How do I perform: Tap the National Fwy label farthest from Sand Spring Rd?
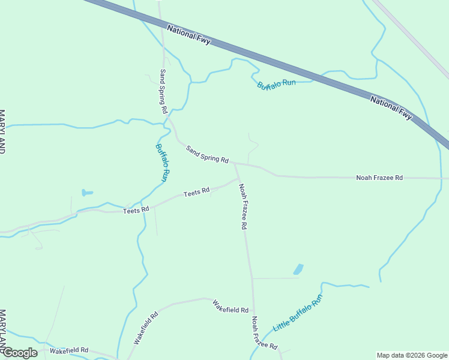tap(391, 107)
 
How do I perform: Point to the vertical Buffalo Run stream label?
tap(162, 163)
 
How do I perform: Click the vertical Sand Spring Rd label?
tap(163, 91)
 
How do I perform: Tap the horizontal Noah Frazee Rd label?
tap(379, 178)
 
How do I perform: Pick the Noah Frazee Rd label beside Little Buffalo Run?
tap(264, 334)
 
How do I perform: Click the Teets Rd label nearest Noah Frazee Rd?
tap(196, 192)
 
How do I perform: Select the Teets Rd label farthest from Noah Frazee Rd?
tap(136, 211)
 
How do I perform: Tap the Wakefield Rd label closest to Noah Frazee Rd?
tap(231, 307)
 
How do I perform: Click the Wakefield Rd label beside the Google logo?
tap(69, 350)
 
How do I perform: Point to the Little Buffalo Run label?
tap(298, 313)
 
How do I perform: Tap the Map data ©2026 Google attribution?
tap(411, 355)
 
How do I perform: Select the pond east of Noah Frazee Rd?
tap(298, 269)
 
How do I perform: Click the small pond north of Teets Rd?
tap(87, 193)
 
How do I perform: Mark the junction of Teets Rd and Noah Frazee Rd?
tap(237, 178)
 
